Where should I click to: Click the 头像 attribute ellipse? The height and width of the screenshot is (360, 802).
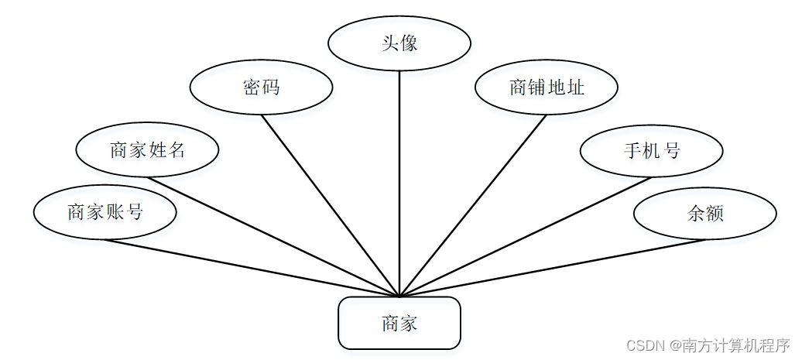point(399,43)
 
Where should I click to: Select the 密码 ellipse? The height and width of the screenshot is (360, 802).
point(261,87)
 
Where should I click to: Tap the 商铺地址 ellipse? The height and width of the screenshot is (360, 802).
point(547,87)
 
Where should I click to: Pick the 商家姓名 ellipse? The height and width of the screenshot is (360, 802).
point(147,149)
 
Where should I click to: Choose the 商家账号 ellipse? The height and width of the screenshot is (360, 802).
point(105,211)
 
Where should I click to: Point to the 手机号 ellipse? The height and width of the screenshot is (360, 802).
point(651,150)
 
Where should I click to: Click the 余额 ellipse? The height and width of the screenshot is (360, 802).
point(704,213)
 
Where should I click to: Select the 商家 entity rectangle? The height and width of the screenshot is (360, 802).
point(399,323)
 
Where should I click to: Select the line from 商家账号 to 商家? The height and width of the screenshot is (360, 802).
point(252,268)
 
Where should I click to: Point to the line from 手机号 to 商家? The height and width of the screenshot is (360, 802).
point(526,237)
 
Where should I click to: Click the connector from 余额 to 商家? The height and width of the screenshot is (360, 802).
point(552,268)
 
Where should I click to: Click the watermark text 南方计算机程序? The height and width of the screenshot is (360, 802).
point(735,345)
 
